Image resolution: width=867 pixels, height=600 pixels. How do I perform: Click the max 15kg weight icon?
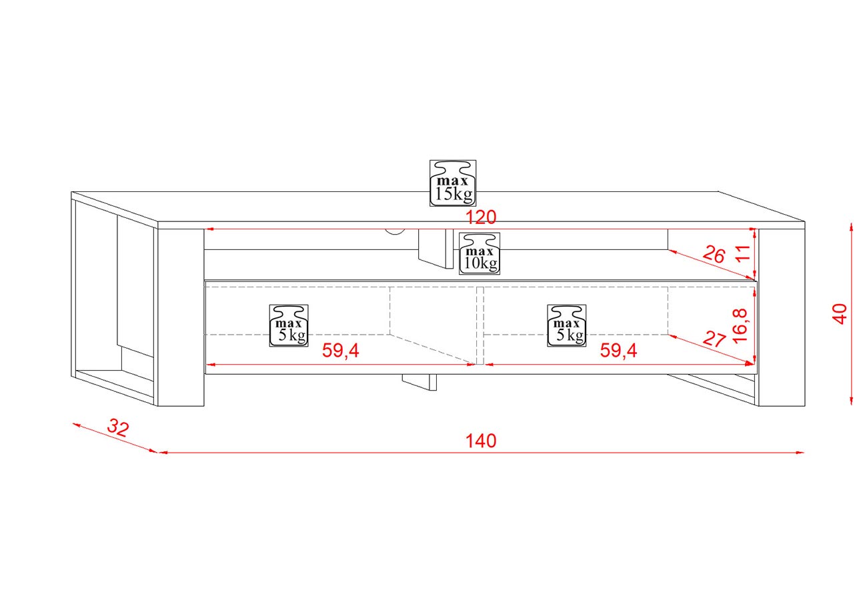pyautogui.click(x=453, y=182)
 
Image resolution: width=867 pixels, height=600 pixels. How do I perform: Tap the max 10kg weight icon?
pyautogui.click(x=479, y=253)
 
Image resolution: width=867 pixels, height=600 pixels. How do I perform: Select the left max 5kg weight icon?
pyautogui.click(x=289, y=325)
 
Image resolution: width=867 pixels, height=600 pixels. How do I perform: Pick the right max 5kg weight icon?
pyautogui.click(x=567, y=325)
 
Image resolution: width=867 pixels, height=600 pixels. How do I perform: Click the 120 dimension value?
pyautogui.click(x=481, y=217)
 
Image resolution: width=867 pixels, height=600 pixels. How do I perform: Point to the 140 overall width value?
pyautogui.click(x=481, y=441)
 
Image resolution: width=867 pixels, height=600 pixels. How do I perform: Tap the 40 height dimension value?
pyautogui.click(x=840, y=313)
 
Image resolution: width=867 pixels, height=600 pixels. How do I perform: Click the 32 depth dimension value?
pyautogui.click(x=117, y=428)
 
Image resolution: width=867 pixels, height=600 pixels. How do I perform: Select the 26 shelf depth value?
pyautogui.click(x=714, y=254)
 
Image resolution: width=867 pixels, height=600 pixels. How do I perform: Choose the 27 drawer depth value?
pyautogui.click(x=714, y=339)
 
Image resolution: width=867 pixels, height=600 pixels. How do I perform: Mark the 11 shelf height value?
pyautogui.click(x=743, y=253)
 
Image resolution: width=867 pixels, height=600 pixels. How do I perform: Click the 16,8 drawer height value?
pyautogui.click(x=741, y=325)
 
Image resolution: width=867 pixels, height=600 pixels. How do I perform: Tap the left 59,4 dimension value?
pyautogui.click(x=340, y=351)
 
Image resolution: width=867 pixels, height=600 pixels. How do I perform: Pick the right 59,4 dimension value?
pyautogui.click(x=618, y=351)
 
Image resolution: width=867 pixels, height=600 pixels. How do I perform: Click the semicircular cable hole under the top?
pyautogui.click(x=395, y=231)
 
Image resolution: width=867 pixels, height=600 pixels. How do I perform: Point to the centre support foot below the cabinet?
pyautogui.click(x=419, y=381)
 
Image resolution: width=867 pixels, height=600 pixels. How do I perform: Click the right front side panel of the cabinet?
pyautogui.click(x=782, y=317)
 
